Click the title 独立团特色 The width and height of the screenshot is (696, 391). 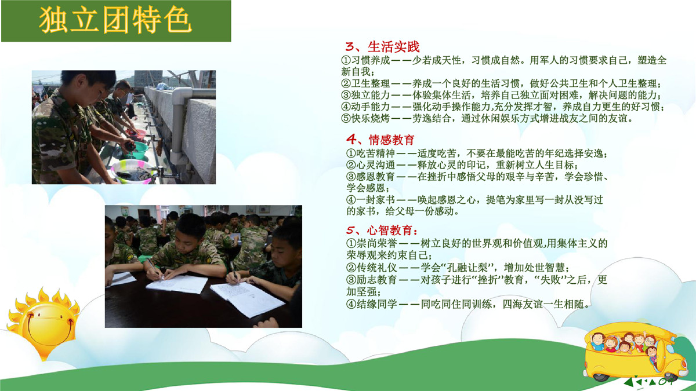click(x=115, y=20)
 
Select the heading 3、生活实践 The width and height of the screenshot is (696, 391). click(x=382, y=46)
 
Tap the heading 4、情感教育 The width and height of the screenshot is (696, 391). click(x=380, y=140)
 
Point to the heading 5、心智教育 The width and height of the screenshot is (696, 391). click(x=382, y=231)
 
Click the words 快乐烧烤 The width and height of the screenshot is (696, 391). click(x=370, y=119)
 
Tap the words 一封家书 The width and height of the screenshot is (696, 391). click(x=375, y=200)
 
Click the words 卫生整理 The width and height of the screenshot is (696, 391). click(x=370, y=83)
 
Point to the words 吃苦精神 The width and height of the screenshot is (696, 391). click(x=375, y=154)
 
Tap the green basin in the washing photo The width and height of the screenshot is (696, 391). click(x=137, y=151)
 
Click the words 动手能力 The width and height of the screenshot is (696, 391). click(x=370, y=107)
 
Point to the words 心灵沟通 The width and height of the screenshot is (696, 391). click(x=375, y=165)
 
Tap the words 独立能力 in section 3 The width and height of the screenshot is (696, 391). click(x=370, y=95)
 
